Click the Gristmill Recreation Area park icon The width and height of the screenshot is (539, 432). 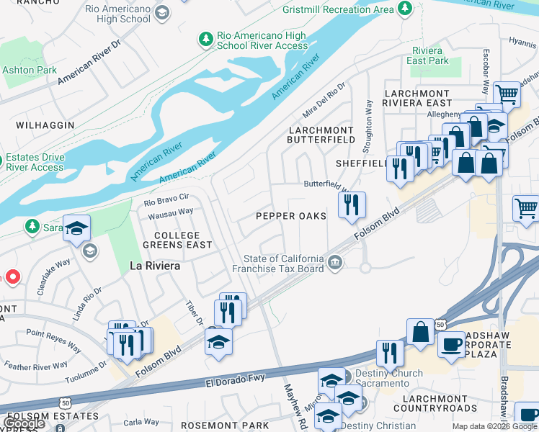(405, 9)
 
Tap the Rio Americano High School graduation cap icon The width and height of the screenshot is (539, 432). (162, 12)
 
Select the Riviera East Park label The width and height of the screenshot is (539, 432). (429, 56)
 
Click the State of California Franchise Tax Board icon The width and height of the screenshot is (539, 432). (334, 263)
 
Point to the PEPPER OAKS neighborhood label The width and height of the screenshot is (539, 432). (291, 216)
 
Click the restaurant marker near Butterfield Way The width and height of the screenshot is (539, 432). (352, 205)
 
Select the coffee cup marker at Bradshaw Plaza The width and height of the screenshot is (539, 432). (451, 344)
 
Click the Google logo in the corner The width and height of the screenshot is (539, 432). (24, 423)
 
